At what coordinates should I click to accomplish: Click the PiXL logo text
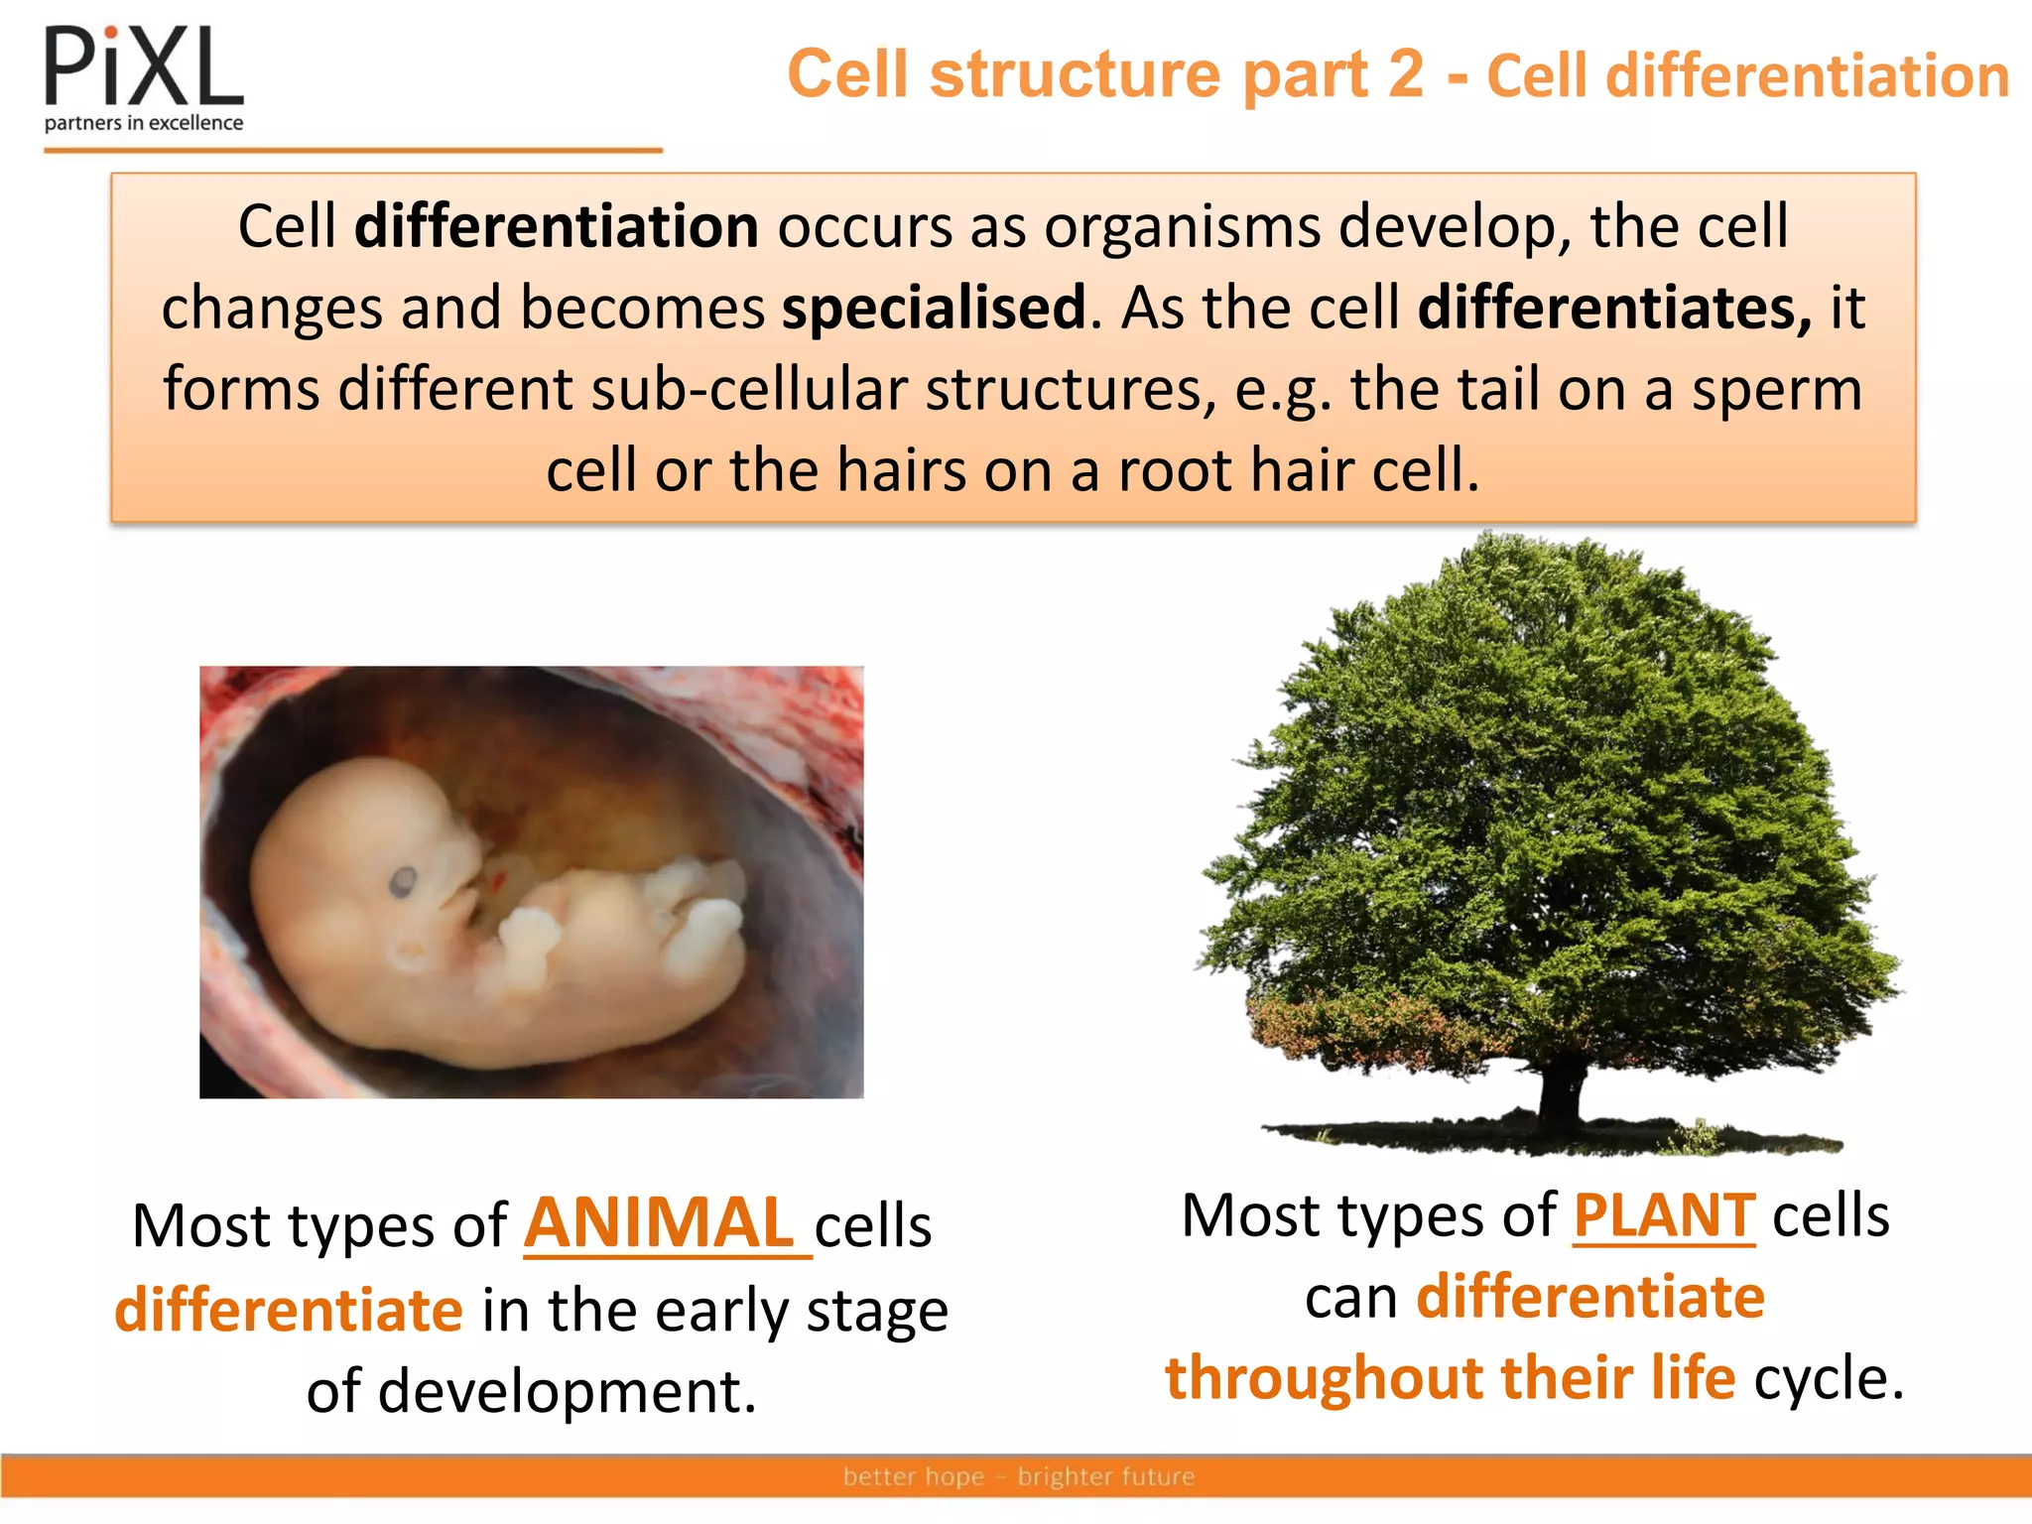pos(144,67)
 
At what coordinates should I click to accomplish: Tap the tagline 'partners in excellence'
pos(144,123)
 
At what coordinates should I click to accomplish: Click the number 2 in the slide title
pos(1405,74)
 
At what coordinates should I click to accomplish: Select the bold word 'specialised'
pos(934,308)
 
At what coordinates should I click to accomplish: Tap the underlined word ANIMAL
pos(660,1223)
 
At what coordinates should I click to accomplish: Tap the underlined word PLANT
pos(1664,1215)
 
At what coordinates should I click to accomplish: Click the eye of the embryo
pos(402,880)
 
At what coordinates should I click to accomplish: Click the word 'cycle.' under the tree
pos(1829,1378)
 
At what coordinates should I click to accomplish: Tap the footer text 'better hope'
pos(913,1476)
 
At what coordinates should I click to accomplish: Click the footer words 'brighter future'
pos(1106,1476)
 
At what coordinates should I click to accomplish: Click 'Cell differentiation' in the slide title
pos(1747,76)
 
